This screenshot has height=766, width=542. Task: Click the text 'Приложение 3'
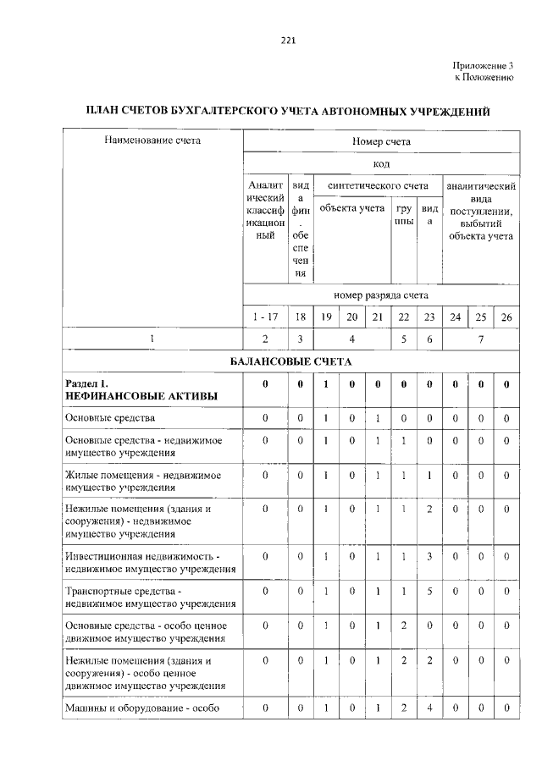[483, 65]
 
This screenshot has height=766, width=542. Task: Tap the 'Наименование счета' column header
[152, 141]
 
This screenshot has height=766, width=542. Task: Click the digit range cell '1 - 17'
[265, 317]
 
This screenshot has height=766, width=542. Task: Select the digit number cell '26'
[506, 317]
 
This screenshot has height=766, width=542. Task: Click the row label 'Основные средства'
[110, 418]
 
